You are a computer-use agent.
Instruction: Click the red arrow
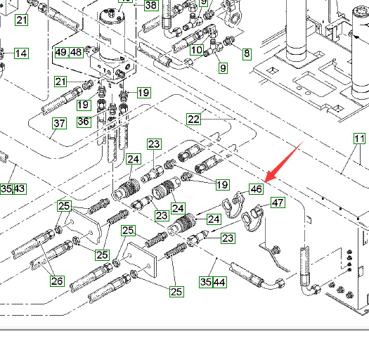283,162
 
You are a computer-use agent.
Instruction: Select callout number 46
257,189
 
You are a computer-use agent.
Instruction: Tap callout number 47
278,202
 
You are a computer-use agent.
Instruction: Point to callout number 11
360,139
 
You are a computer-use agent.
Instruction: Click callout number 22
194,119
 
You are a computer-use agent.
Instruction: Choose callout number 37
59,123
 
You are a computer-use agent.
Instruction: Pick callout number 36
84,122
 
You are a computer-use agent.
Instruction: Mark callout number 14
21,53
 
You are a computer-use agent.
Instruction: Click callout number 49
62,52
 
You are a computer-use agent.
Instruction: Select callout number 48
76,52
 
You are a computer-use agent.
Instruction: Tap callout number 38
151,5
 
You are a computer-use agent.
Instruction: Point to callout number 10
197,50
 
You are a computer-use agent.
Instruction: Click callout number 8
247,53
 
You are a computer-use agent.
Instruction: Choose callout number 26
57,281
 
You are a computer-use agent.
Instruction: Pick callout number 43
20,189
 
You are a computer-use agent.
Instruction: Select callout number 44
220,282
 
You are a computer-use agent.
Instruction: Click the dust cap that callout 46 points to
233,205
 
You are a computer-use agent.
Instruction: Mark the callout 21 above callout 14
22,20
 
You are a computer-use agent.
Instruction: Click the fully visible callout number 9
223,68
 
